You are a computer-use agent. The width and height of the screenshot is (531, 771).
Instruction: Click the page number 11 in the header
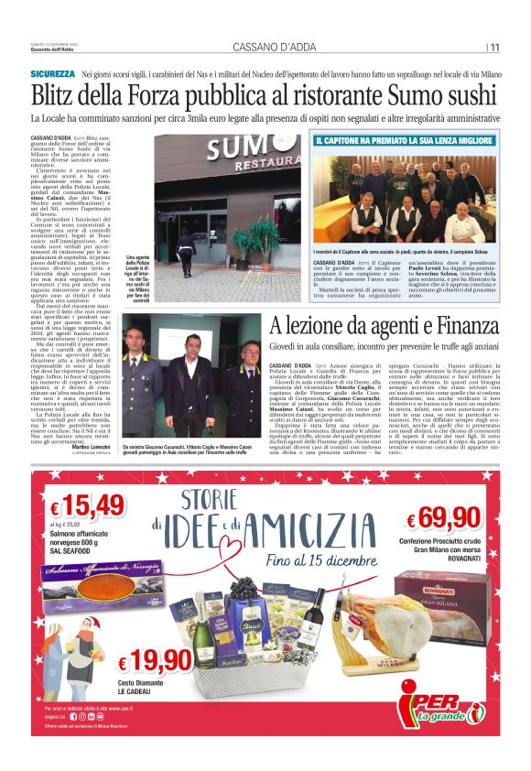pyautogui.click(x=494, y=48)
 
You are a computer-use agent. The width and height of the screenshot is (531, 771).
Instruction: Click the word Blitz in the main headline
pyautogui.click(x=56, y=96)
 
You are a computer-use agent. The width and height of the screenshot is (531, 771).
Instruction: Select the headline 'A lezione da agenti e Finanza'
pyautogui.click(x=384, y=325)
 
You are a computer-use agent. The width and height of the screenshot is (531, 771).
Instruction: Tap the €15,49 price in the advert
pyautogui.click(x=88, y=505)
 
